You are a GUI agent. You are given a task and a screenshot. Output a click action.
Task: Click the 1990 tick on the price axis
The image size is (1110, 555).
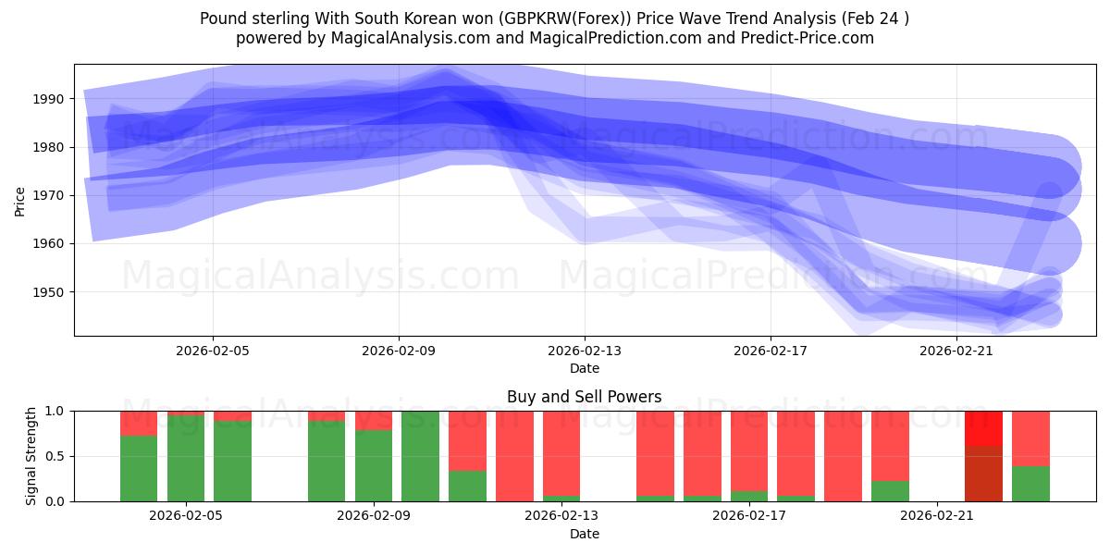(x=49, y=99)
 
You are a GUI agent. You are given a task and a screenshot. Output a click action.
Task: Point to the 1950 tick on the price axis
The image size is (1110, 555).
(x=49, y=292)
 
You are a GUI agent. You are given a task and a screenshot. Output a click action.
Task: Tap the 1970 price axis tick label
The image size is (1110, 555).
(x=49, y=195)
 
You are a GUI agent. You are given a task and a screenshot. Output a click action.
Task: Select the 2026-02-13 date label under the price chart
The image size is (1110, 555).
(x=585, y=351)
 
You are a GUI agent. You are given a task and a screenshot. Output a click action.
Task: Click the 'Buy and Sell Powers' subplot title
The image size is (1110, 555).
(x=584, y=397)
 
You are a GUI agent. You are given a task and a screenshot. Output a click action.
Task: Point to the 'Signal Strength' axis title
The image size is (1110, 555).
(x=31, y=456)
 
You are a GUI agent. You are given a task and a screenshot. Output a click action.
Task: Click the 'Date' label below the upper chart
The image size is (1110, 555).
(x=584, y=368)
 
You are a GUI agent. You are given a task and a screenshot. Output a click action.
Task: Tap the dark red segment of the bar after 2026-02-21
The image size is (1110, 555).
(x=983, y=474)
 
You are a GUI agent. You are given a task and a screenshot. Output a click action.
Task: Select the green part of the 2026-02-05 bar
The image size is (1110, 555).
(x=186, y=458)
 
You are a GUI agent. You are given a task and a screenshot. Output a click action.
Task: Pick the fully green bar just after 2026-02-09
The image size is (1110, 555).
(x=421, y=456)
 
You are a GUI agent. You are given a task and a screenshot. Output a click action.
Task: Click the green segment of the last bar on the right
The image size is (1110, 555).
(x=1030, y=484)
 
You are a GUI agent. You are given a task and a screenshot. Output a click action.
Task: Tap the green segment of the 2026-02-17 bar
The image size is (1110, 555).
(x=749, y=496)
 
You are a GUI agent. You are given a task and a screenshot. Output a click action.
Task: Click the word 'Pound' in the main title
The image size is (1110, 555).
(x=221, y=18)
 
